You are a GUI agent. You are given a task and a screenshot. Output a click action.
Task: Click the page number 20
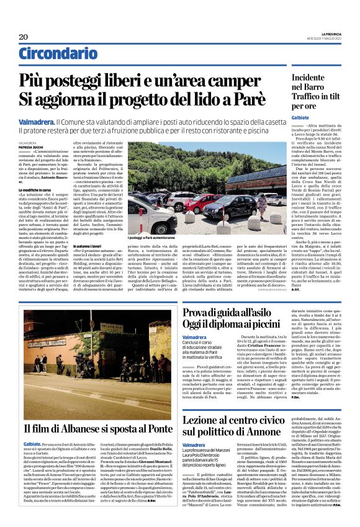(x=23, y=37)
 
